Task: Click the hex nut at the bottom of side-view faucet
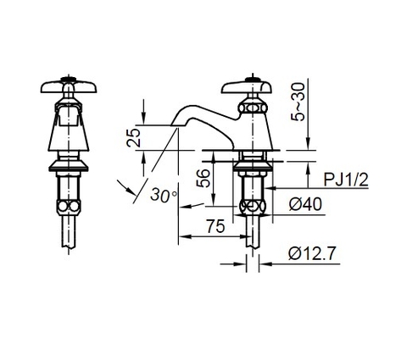click(251, 207)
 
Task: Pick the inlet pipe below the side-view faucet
click(251, 233)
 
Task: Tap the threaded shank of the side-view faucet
click(251, 182)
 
